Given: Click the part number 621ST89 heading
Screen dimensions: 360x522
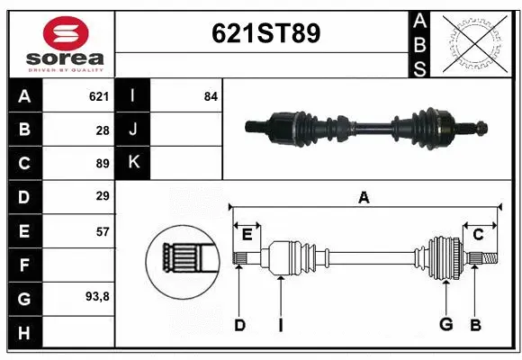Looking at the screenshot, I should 265,33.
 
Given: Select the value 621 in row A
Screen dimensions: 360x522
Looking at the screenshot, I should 98,96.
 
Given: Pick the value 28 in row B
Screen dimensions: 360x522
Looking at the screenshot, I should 102,130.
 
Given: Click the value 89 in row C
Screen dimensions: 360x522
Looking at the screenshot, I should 102,163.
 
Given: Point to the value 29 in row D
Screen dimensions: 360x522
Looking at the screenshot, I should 102,196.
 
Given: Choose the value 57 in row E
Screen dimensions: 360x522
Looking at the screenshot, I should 102,231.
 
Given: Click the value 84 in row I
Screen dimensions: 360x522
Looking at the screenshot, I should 211,96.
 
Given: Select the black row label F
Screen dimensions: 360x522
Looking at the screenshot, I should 23,265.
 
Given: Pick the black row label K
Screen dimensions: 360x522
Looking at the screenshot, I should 134,163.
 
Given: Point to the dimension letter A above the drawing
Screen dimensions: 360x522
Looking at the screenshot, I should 364,198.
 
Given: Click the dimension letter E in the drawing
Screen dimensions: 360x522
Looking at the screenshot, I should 247,235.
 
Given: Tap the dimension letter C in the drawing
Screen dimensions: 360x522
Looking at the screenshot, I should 478,235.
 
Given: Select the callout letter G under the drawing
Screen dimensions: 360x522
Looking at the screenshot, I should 445,325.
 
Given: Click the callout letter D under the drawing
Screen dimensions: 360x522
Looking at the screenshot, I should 239,325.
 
